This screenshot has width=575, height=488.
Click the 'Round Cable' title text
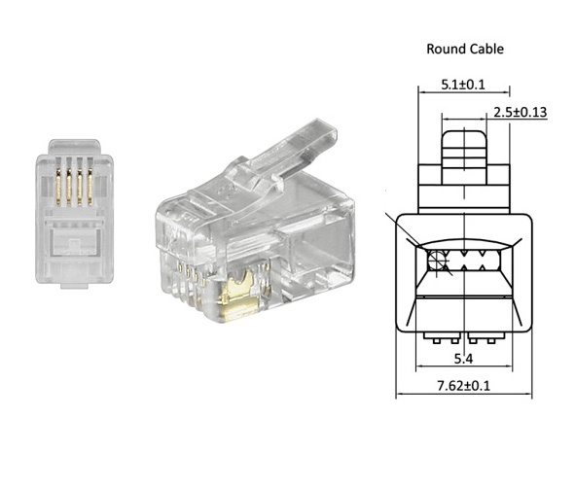465,49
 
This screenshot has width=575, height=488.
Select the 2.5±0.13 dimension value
519,112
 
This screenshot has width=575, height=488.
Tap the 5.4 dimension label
465,360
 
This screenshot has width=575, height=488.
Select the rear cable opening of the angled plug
321,244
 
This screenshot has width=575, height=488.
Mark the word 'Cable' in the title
485,49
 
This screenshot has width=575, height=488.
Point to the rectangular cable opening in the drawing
465,261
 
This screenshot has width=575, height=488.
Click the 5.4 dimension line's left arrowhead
419,368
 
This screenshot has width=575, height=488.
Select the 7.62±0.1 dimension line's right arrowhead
532,396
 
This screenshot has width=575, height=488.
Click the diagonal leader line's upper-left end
389,213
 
